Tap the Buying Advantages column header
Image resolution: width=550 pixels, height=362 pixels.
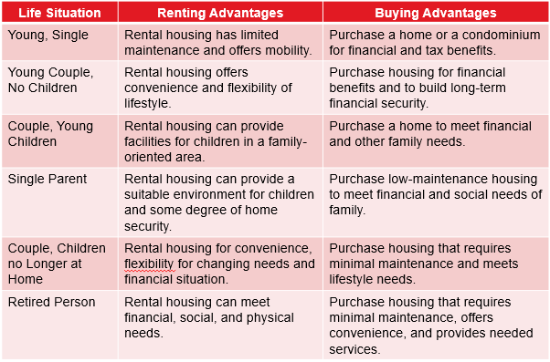click(x=436, y=14)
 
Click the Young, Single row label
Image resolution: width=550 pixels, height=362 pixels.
click(x=47, y=33)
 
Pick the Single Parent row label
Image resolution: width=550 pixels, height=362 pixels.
click(x=47, y=179)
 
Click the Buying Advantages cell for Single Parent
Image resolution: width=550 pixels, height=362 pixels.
click(x=436, y=194)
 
